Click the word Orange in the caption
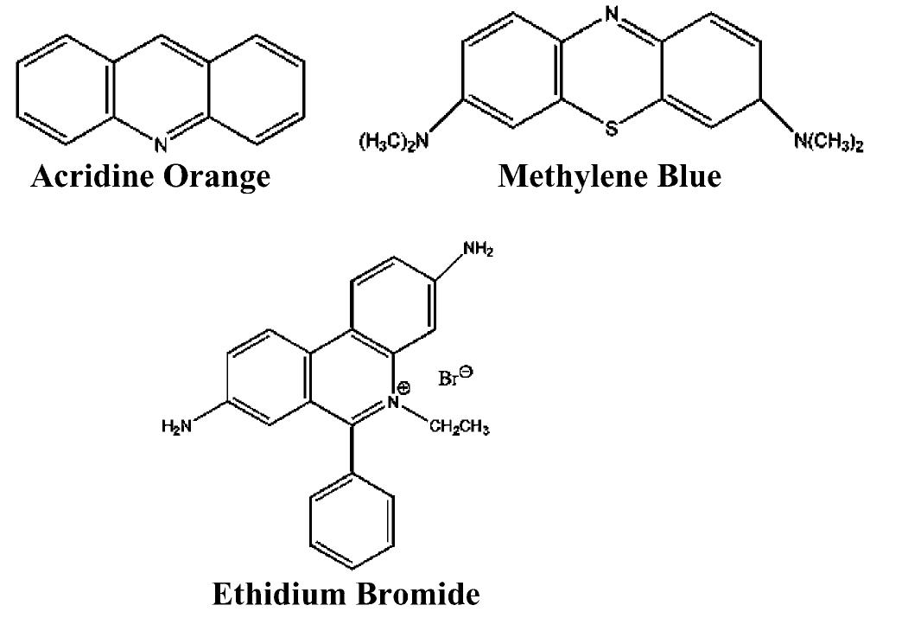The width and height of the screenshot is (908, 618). tap(217, 176)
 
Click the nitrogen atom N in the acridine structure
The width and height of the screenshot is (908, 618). tap(161, 143)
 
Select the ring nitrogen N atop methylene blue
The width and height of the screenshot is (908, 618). tap(612, 13)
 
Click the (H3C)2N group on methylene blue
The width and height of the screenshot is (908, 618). tap(394, 142)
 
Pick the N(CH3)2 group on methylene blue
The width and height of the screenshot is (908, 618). tap(829, 142)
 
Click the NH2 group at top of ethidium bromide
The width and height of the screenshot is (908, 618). tap(478, 250)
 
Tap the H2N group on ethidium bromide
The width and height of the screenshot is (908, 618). tap(176, 427)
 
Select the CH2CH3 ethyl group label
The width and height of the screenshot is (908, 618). tap(460, 428)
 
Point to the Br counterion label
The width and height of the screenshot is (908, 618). tap(448, 379)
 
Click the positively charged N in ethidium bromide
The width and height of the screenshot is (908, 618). tap(394, 401)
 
